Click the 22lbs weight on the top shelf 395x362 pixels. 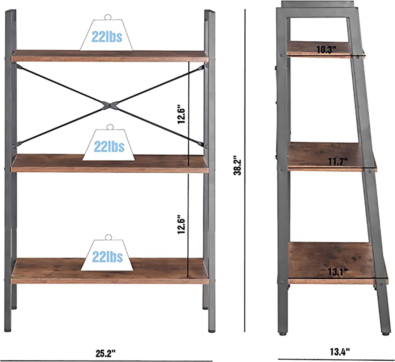point(106,35)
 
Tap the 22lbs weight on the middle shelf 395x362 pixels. point(109,145)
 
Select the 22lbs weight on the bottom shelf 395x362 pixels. point(107,255)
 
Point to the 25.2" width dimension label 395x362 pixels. point(105,353)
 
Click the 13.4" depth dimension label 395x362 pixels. point(340,352)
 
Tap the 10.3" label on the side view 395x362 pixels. point(326,50)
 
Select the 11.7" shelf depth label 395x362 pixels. point(338,161)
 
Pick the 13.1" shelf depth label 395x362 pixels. point(338,272)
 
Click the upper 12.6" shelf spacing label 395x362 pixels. point(181,114)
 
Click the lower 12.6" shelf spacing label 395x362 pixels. point(181,224)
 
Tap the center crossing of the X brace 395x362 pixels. point(110,105)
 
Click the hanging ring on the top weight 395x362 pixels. point(108,17)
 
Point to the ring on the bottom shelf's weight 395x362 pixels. point(108,237)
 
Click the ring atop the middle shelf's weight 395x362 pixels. point(110,127)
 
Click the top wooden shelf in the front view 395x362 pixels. point(110,56)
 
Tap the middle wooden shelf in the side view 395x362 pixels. point(332,157)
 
